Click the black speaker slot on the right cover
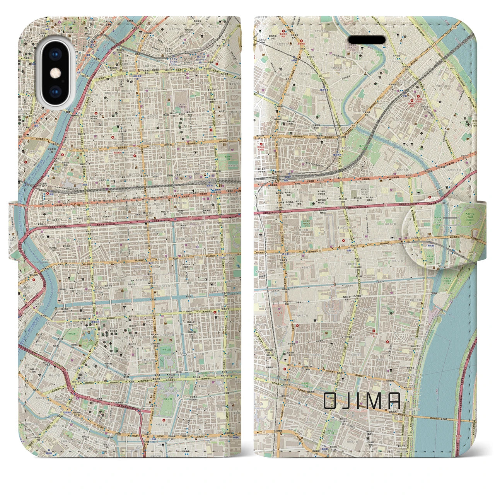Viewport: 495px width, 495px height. coord(367,40)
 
